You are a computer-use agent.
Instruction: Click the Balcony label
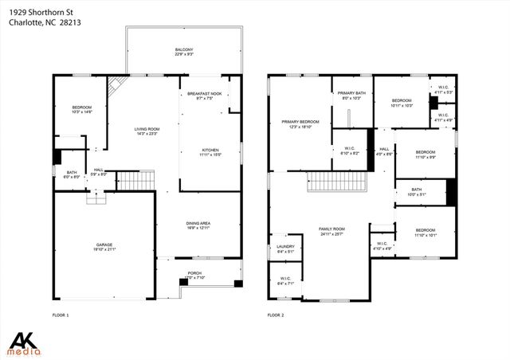coord(184,53)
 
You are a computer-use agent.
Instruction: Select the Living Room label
coord(146,131)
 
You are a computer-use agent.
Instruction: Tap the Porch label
coord(194,275)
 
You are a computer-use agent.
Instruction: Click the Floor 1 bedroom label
coord(82,110)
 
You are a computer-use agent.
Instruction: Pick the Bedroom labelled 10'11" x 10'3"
coord(402,104)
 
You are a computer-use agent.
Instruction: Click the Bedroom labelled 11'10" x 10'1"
coord(425,233)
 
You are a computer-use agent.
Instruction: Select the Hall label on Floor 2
coord(384,151)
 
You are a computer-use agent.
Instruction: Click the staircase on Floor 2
coord(335,183)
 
